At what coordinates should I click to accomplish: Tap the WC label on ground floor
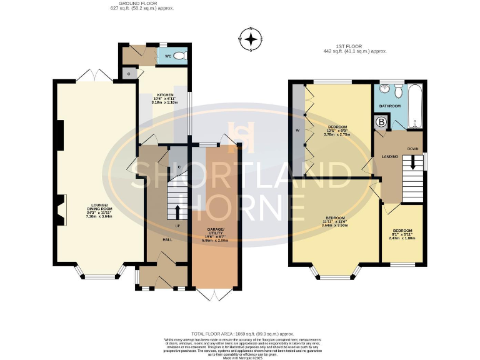[x=167, y=56]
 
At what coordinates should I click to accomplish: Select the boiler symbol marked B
[x=380, y=122]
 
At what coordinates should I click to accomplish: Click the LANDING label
[x=390, y=156]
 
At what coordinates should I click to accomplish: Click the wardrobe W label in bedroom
[x=297, y=131]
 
